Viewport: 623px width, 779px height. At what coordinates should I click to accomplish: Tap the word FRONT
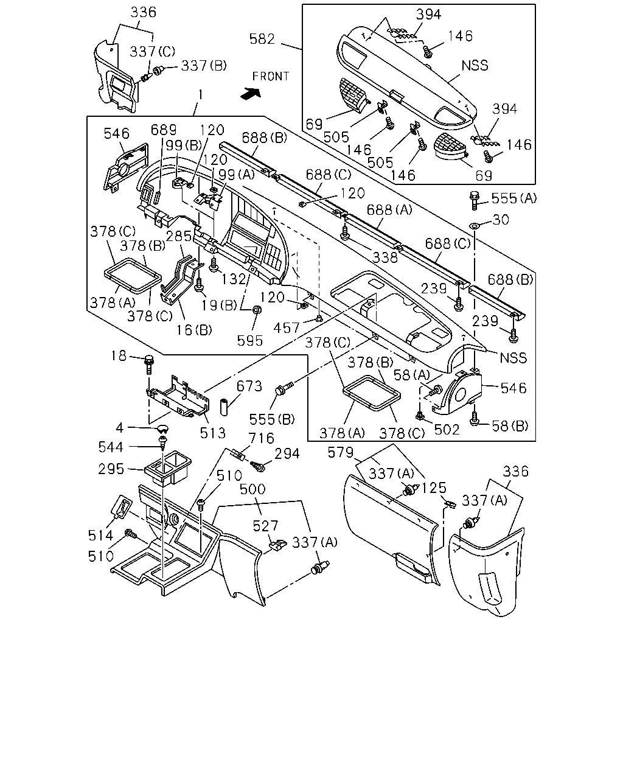[271, 77]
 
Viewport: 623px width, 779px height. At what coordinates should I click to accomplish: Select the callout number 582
[262, 39]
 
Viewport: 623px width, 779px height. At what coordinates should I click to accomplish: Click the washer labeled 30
[474, 226]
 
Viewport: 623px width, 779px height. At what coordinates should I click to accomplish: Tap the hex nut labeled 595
[257, 310]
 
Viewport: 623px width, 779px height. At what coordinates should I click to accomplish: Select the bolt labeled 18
[149, 365]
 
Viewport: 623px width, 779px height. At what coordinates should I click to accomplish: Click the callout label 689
[164, 130]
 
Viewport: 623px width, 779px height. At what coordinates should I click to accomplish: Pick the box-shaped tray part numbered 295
[168, 467]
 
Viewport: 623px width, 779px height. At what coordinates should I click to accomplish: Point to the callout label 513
[213, 433]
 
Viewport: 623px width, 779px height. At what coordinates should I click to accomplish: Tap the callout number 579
[340, 452]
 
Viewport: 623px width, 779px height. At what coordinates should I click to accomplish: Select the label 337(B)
[204, 66]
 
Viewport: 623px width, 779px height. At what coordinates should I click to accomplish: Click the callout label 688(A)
[389, 210]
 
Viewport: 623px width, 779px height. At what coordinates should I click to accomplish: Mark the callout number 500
[252, 489]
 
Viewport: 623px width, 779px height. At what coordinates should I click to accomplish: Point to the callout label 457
[287, 328]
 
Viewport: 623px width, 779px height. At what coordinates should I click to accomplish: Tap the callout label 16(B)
[194, 330]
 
